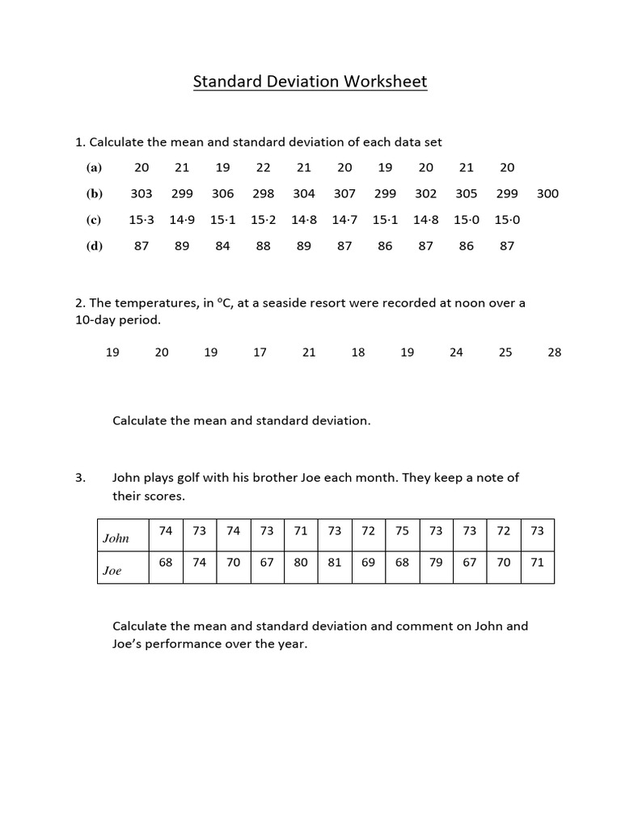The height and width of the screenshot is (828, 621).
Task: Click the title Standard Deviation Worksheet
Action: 310,82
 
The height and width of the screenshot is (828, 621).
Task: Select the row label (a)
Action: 95,168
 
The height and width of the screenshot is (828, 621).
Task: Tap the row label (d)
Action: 95,247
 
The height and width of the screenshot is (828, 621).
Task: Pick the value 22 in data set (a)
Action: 264,167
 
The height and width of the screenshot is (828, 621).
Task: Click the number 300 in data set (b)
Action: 547,194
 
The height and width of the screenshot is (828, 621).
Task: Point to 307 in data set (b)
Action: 344,194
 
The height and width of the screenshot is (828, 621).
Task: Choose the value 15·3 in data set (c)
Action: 142,220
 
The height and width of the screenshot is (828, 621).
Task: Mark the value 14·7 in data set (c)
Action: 344,220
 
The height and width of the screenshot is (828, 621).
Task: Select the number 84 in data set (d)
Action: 223,247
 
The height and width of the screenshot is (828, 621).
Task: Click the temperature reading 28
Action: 554,353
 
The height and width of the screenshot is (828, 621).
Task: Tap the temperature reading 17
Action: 260,353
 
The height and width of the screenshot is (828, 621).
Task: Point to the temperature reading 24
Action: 456,353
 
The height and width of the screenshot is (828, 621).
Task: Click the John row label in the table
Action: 116,538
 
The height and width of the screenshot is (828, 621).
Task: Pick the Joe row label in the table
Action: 112,571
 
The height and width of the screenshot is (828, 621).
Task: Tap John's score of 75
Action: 402,531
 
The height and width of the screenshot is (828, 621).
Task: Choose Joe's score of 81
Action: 335,563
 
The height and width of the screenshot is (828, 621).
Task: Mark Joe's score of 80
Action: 301,563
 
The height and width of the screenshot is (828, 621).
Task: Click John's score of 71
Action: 301,531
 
